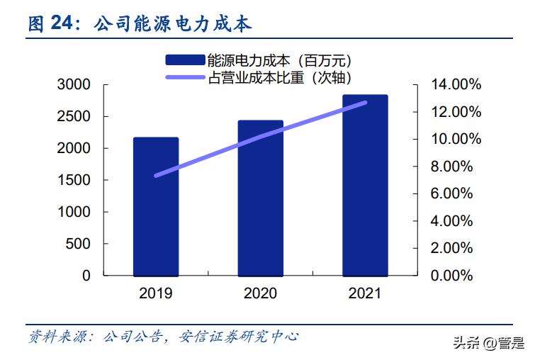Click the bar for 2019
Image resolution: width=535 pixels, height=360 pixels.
tap(155, 206)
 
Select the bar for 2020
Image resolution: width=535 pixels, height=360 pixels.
tap(260, 198)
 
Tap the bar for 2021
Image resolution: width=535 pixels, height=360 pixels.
tap(365, 185)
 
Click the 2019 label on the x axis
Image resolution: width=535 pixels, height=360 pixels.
tap(155, 293)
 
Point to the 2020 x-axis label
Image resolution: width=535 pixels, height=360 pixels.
tap(260, 293)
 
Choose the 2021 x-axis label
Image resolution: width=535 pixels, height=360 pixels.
tap(365, 293)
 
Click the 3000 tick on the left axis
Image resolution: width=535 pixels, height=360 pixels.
tap(74, 85)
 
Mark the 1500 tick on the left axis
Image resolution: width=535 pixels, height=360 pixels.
tap(74, 180)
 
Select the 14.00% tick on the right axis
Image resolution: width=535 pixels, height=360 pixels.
tap(456, 85)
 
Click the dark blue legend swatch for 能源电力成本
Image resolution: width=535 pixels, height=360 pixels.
tap(185, 60)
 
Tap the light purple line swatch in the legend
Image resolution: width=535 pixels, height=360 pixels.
tap(185, 77)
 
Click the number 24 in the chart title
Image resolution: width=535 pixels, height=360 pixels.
tap(62, 24)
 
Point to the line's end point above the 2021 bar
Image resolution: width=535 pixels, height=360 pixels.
tap(365, 103)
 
